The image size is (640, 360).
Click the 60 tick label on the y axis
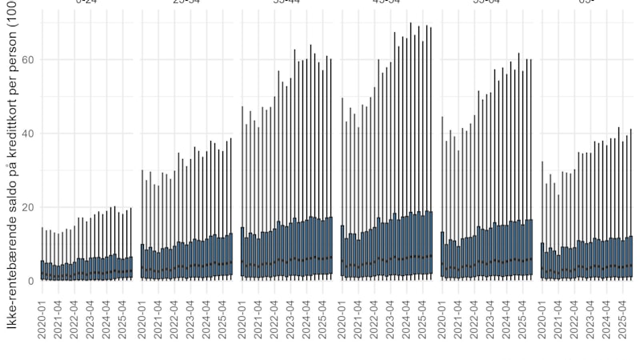coord(28,60)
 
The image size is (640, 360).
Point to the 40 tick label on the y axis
coord(28,134)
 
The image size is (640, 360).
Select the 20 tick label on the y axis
coord(28,207)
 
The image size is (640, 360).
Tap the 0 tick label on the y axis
coord(30,281)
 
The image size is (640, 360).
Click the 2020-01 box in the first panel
coord(42,270)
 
